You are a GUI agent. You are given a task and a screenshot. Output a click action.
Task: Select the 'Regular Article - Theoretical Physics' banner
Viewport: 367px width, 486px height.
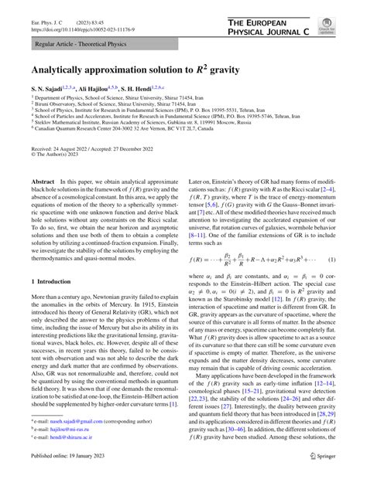[77, 45]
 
